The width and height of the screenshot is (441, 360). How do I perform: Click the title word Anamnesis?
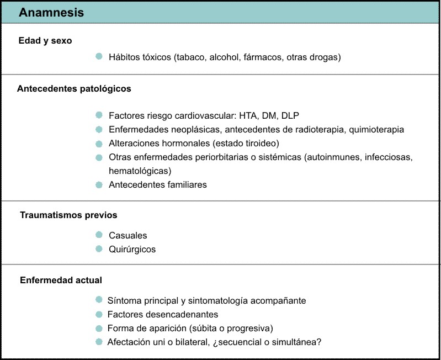tap(51, 13)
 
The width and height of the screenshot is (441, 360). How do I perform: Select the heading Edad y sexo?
tap(45, 41)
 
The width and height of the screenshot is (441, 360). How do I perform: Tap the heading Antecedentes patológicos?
tap(74, 88)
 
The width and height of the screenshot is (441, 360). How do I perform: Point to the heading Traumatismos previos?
tap(68, 215)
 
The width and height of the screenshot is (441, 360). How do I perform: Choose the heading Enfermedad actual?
tap(61, 280)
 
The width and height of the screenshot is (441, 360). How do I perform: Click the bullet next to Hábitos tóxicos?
tap(99, 56)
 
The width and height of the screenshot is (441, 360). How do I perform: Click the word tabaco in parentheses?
tap(189, 57)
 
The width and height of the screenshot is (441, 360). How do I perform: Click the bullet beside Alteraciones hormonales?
tap(99, 143)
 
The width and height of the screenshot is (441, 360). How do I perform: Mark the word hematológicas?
tap(140, 171)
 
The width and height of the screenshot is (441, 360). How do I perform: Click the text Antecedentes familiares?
tap(158, 184)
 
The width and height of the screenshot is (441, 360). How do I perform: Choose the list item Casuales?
tap(128, 235)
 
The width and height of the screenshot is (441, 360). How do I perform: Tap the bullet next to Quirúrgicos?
tap(99, 248)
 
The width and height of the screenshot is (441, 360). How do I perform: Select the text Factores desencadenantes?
tap(163, 314)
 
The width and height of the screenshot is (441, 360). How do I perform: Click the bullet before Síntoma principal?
tap(99, 300)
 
